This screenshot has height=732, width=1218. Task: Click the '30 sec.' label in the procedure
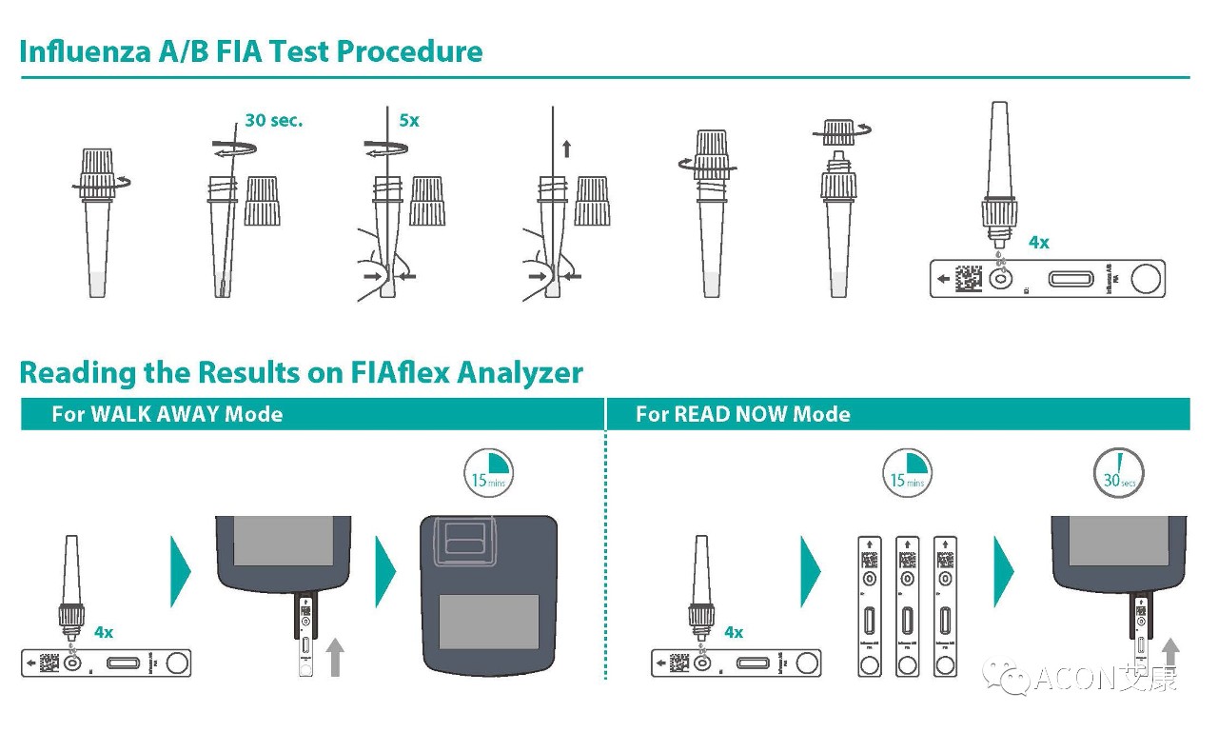[273, 121]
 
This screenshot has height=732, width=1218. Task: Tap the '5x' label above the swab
[409, 121]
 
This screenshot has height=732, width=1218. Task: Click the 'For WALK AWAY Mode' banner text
[167, 414]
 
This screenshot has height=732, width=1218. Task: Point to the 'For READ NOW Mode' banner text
[742, 414]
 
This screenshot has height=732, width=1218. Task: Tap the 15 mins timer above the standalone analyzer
[489, 473]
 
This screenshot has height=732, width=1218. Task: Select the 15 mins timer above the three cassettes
[907, 473]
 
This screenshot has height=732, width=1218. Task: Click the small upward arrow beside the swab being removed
[567, 148]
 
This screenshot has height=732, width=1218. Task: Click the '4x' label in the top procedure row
[1039, 243]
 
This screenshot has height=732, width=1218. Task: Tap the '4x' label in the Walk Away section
[104, 632]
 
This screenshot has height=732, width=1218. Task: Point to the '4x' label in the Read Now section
[734, 632]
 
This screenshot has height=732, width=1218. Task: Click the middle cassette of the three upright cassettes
[908, 605]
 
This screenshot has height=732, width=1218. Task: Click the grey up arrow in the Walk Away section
[334, 657]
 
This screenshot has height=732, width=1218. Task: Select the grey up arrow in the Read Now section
[1170, 655]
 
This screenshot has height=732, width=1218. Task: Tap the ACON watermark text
[1105, 680]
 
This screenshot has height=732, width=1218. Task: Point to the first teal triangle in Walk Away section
[180, 571]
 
